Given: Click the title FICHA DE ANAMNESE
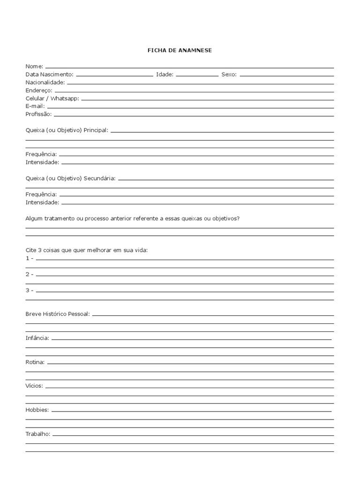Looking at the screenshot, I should coord(180,50).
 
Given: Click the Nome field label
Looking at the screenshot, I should coord(34,67).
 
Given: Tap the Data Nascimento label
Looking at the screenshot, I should coord(49,75).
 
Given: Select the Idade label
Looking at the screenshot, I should coord(165,75).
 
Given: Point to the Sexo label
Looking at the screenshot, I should coord(229,75).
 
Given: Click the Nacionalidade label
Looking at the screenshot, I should coord(45,82).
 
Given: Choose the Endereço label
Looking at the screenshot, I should coord(39,90).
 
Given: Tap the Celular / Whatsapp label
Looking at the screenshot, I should coord(52,98).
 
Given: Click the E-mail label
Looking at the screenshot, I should coord(35,106).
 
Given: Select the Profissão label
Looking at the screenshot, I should coord(39,114).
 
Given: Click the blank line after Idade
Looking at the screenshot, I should coord(197,75).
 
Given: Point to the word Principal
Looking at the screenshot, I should coord(96,130).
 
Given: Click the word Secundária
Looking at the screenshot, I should coord(99,178).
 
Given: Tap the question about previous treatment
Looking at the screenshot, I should coord(133,218).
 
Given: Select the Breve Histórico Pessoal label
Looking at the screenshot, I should coord(57,314).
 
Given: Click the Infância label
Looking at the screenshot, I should coord(37,338).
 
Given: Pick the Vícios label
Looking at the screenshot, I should coord(34,386).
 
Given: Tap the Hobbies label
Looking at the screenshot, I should coord(37,410).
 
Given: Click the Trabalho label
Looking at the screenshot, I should coord(38,434).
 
